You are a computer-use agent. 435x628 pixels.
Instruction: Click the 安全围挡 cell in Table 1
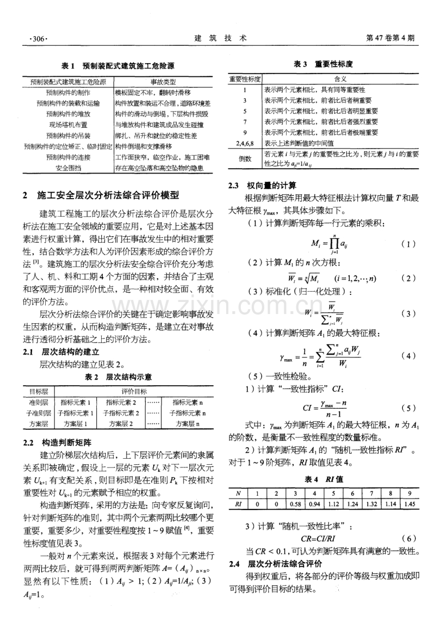coord(69,168)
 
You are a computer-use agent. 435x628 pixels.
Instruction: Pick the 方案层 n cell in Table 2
coord(185,423)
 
